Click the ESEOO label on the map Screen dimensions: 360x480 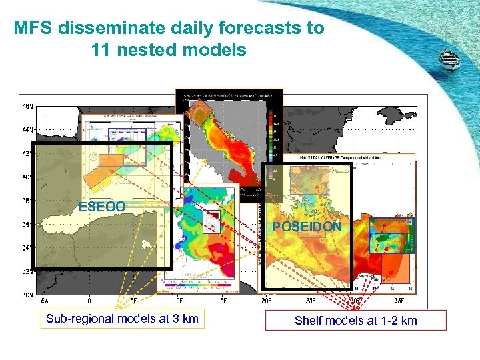101,207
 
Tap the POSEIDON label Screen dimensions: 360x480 307,227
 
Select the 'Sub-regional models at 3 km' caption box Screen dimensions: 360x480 122,319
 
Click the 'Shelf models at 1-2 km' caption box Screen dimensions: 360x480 355,321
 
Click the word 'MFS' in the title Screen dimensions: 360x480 33,29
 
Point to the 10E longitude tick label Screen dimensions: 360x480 177,301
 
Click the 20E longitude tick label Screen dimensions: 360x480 265,301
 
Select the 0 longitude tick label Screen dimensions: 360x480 89,301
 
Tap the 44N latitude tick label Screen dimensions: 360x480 26,129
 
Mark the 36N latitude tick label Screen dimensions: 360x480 26,225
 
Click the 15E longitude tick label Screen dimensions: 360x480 221,301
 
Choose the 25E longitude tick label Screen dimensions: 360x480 309,301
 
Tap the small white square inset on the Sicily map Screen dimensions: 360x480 211,221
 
